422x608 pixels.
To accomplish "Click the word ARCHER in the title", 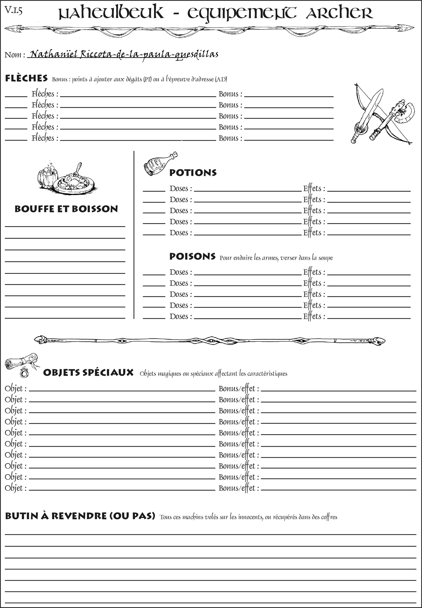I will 339,13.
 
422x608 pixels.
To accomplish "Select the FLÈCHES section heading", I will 26,78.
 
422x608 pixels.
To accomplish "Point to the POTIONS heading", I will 193,173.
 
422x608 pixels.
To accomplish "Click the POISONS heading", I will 192,256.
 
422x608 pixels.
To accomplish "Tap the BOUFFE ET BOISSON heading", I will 66,209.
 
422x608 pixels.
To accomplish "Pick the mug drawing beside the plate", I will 48,175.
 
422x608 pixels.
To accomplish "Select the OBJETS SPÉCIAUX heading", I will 88,373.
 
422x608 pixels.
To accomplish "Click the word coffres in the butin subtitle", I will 329,517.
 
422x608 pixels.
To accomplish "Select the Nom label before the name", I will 15,55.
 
